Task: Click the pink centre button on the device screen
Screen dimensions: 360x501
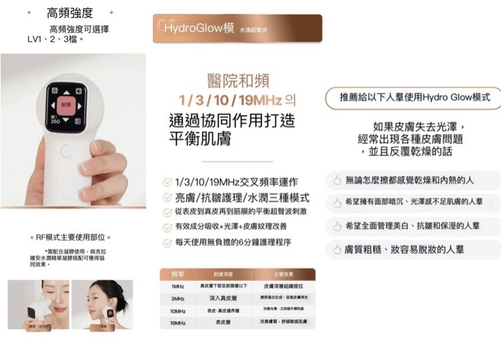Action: click(x=65, y=105)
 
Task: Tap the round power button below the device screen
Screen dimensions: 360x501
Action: click(x=66, y=150)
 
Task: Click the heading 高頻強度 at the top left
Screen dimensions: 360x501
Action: click(x=70, y=13)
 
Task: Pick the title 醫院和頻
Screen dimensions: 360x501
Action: click(x=238, y=81)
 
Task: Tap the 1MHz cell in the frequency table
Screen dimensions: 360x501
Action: click(x=177, y=286)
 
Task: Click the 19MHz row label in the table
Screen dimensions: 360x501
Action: click(x=177, y=322)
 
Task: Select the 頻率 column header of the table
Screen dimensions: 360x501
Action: click(x=177, y=274)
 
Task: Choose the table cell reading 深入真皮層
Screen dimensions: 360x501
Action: click(x=223, y=298)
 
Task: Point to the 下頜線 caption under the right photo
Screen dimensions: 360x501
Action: click(x=101, y=327)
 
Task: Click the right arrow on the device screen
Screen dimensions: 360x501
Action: click(x=80, y=105)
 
